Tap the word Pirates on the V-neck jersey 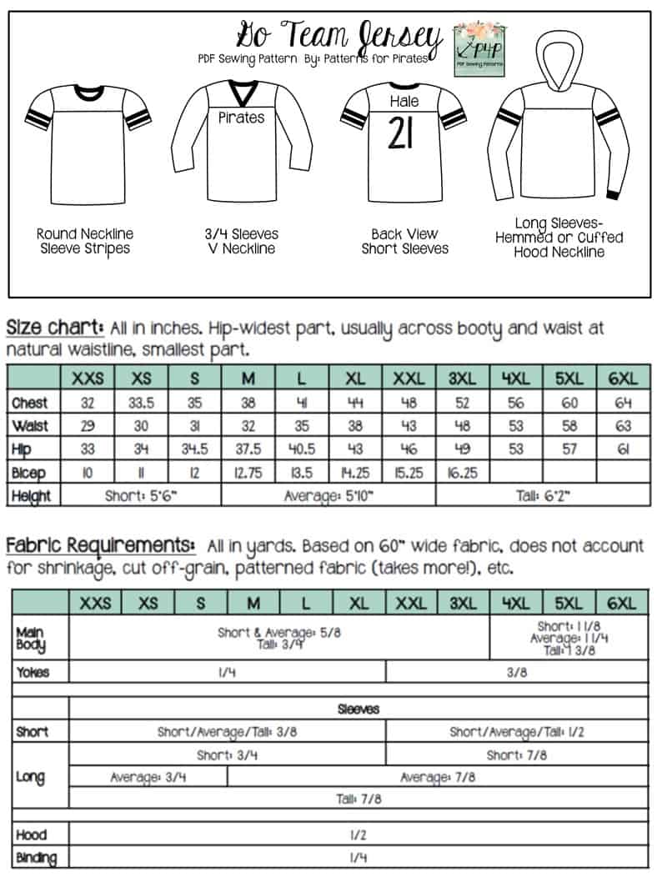pyautogui.click(x=241, y=118)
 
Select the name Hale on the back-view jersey pyautogui.click(x=405, y=102)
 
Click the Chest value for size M pyautogui.click(x=248, y=403)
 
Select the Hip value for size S pyautogui.click(x=195, y=449)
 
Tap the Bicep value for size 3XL pyautogui.click(x=463, y=473)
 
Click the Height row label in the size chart pyautogui.click(x=32, y=495)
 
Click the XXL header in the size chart pyautogui.click(x=409, y=378)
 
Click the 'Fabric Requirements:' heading pyautogui.click(x=101, y=546)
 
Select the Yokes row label pyautogui.click(x=33, y=672)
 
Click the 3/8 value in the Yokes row pyautogui.click(x=517, y=672)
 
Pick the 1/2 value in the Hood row pyautogui.click(x=359, y=834)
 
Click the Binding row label pyautogui.click(x=37, y=857)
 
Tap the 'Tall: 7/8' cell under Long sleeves pyautogui.click(x=359, y=799)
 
